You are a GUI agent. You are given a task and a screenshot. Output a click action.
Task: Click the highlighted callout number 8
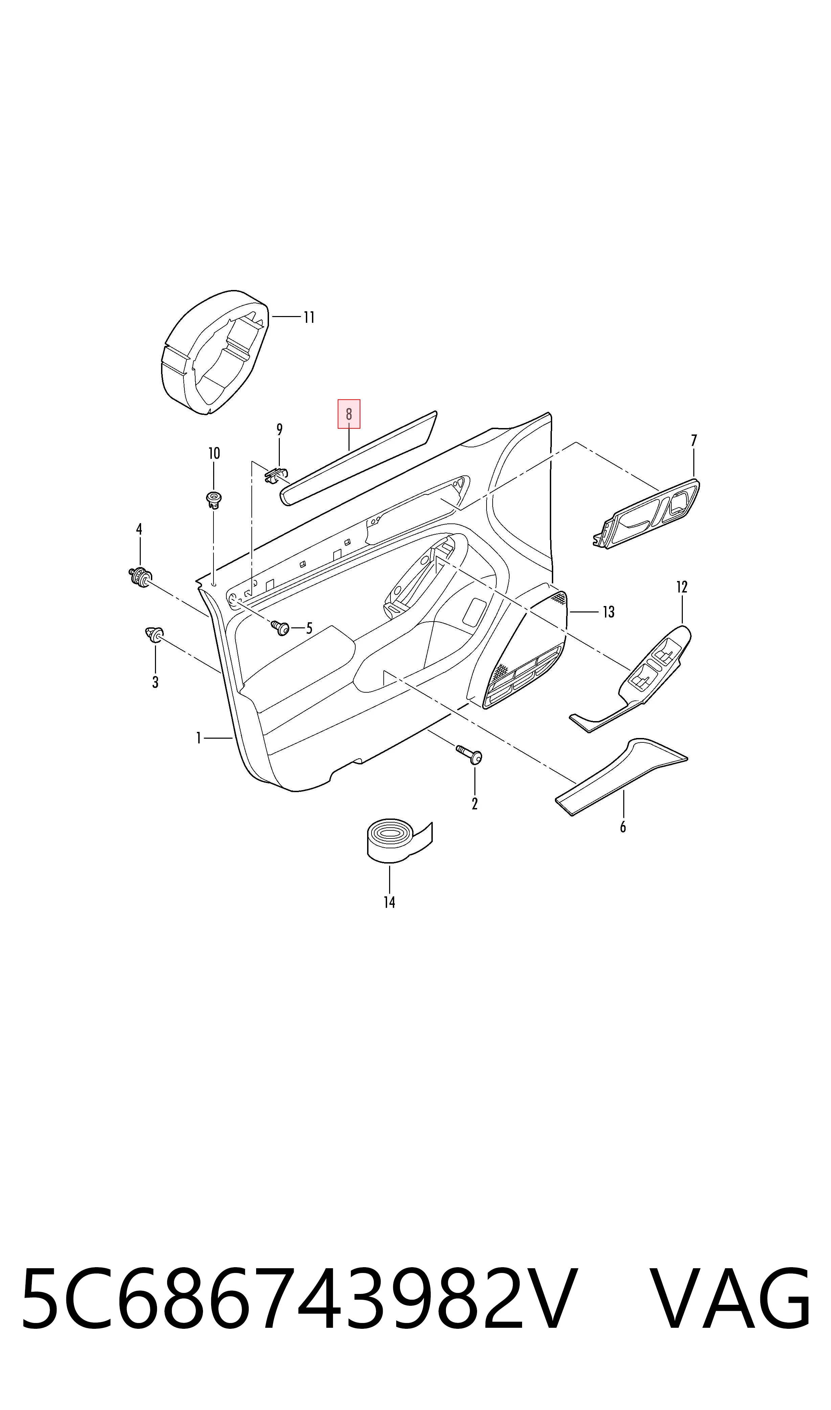[349, 415]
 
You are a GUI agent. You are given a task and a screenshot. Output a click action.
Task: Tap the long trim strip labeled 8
[358, 458]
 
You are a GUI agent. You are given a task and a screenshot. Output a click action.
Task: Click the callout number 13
[609, 612]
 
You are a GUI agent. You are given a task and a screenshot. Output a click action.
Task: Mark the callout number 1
[198, 738]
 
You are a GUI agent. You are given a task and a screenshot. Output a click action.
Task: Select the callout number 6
[623, 827]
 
